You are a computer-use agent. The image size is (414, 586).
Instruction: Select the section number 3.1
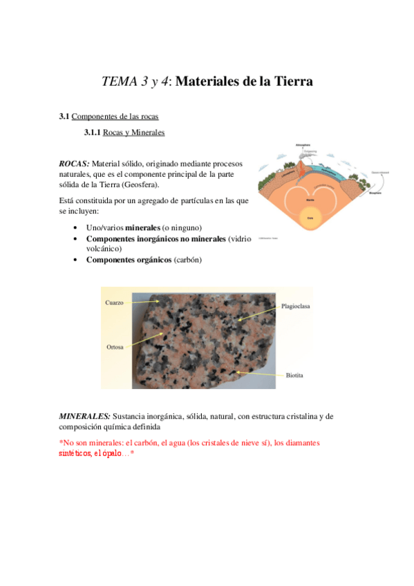64,117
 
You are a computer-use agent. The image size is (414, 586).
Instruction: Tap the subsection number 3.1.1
93,132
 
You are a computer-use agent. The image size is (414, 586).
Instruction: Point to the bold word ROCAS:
74,164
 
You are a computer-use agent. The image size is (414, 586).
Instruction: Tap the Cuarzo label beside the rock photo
115,303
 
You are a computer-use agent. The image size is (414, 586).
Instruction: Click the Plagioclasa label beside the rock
296,305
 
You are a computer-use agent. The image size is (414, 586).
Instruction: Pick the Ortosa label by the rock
115,347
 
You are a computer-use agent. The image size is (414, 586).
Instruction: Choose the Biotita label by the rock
295,375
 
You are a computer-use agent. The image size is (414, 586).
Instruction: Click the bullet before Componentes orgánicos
75,261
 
